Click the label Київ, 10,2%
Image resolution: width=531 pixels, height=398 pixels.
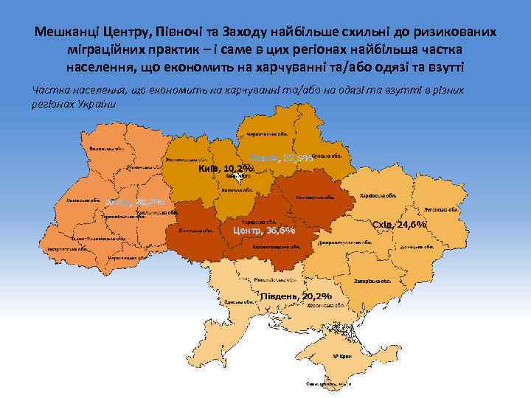click(x=226, y=168)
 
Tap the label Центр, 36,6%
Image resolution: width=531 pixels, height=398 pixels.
click(x=264, y=230)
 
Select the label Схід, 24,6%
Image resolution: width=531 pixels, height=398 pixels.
click(x=400, y=224)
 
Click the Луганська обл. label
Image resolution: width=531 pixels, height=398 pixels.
click(x=441, y=209)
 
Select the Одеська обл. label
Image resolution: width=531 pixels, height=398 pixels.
click(x=235, y=297)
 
